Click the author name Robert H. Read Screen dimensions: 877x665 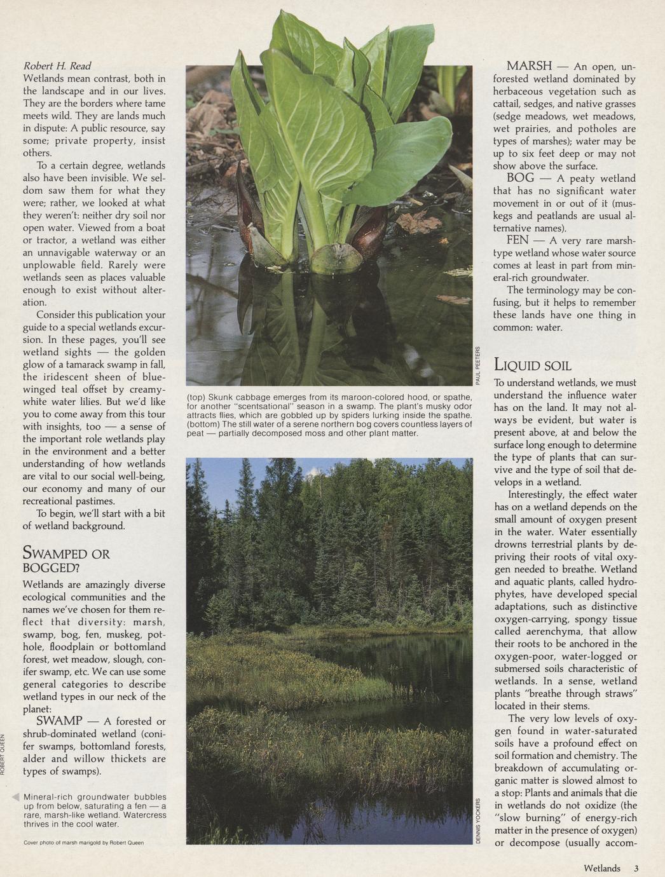coord(57,66)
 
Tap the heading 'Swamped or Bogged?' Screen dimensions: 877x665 coord(65,560)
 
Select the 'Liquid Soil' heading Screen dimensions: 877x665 coord(533,365)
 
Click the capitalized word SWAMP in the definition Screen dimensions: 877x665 coord(59,721)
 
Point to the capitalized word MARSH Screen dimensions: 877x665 coord(529,66)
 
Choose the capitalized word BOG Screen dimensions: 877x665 coord(520,179)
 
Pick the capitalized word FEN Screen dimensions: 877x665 coord(518,240)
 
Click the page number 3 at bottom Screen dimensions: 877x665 coord(636,868)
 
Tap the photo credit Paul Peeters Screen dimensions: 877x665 coord(477,366)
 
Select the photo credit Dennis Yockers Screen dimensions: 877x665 coord(478,820)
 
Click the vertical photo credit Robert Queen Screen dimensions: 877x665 coord(3,754)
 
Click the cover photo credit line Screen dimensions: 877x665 coord(83,843)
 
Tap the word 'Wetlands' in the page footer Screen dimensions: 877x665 coord(601,868)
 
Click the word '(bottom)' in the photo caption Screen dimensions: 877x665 coord(203,424)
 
